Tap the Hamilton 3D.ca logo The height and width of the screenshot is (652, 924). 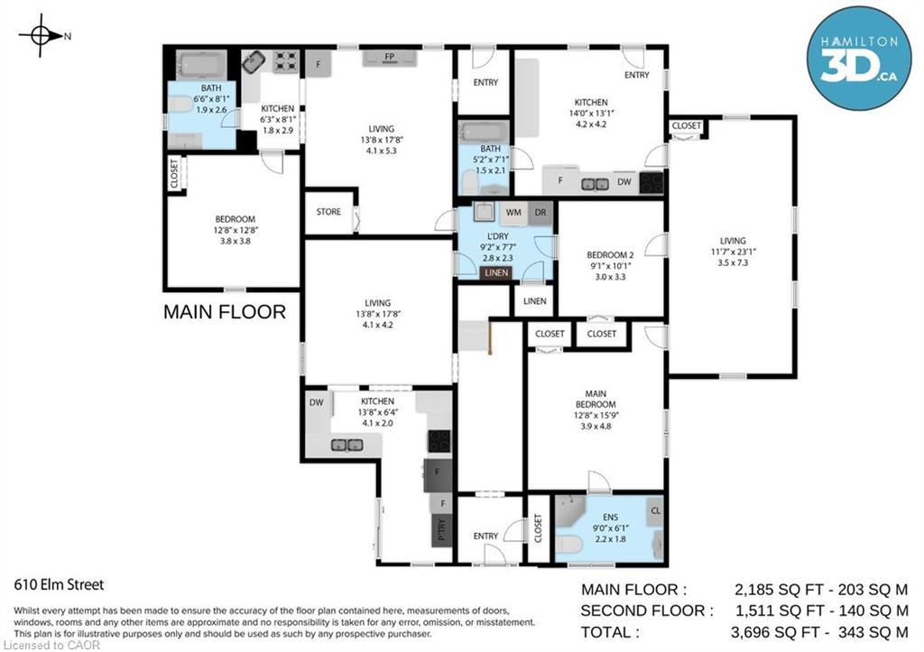[858, 59]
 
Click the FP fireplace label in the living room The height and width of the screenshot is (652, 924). [389, 58]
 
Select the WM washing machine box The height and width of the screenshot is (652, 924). [513, 213]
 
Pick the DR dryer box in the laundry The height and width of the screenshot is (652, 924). [540, 213]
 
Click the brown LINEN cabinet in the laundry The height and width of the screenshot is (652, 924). [495, 273]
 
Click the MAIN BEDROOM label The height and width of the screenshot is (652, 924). [596, 399]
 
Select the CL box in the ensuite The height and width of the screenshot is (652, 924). [654, 510]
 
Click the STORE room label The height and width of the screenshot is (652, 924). [328, 213]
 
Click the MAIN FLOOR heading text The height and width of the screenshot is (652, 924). [224, 312]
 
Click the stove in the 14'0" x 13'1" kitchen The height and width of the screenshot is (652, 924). [651, 183]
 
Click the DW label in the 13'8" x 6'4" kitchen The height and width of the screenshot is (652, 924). [317, 403]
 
